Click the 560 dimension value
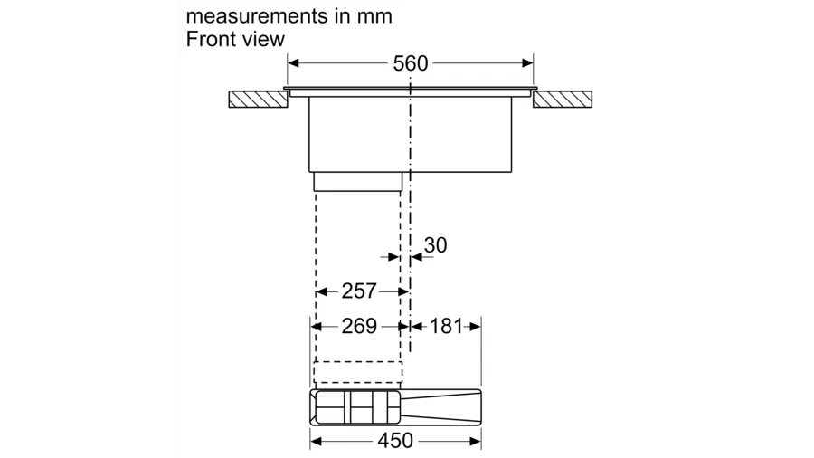(x=410, y=63)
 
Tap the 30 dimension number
(x=435, y=245)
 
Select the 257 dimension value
(x=359, y=291)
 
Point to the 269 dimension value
(x=359, y=326)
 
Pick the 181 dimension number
(x=446, y=326)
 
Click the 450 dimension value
(x=395, y=441)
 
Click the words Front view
(x=235, y=40)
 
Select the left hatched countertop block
(x=258, y=100)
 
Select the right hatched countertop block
(x=563, y=100)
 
